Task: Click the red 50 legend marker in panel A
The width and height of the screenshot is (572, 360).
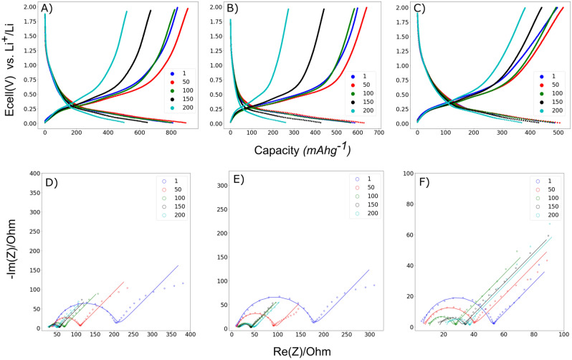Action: pos(171,83)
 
